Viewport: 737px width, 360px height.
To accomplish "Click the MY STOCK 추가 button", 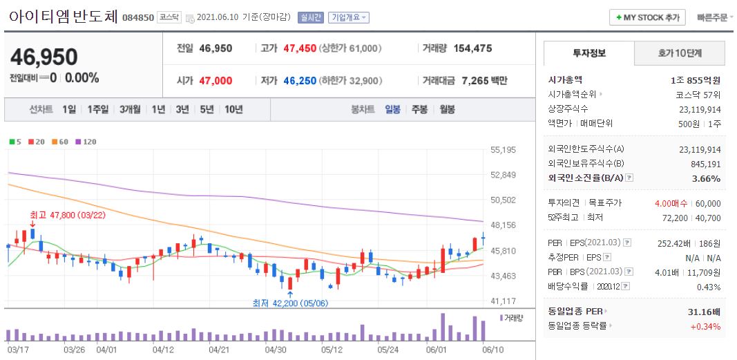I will click(648, 17).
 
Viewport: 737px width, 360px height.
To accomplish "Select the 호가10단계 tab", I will click(680, 53).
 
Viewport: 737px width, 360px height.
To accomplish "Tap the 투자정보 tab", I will click(588, 53).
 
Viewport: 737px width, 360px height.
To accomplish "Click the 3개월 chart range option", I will click(130, 109).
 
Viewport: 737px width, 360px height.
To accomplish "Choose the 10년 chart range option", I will click(233, 109).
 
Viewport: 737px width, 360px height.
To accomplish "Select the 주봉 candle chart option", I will click(419, 109).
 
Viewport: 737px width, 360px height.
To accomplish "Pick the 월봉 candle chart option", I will click(447, 109).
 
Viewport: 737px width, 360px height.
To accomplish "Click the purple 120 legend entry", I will click(86, 142).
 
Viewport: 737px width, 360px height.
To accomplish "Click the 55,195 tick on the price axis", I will click(504, 149).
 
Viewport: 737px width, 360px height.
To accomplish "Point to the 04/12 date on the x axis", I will click(163, 350).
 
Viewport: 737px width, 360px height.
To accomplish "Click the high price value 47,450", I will click(300, 48).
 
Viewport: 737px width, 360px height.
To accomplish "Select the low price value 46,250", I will click(300, 81).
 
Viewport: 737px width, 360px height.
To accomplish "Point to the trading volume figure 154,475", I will click(472, 48).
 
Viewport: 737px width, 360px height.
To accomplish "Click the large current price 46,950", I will click(44, 57).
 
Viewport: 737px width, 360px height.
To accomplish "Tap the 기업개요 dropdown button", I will click(348, 17).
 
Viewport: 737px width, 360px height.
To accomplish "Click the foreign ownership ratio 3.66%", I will click(707, 178).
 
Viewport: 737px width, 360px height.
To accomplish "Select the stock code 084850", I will click(137, 18).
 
